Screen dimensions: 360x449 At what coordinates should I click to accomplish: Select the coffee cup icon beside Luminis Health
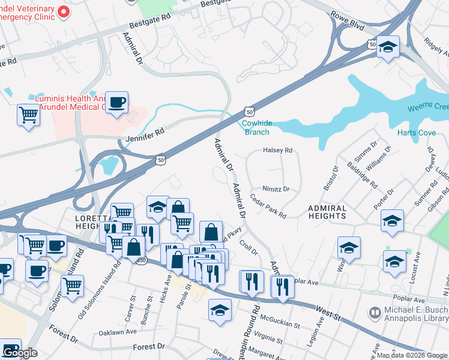coord(118,103)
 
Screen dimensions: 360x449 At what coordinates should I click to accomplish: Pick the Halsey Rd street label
coord(277,151)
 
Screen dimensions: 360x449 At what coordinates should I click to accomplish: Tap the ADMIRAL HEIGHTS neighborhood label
coord(327,212)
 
